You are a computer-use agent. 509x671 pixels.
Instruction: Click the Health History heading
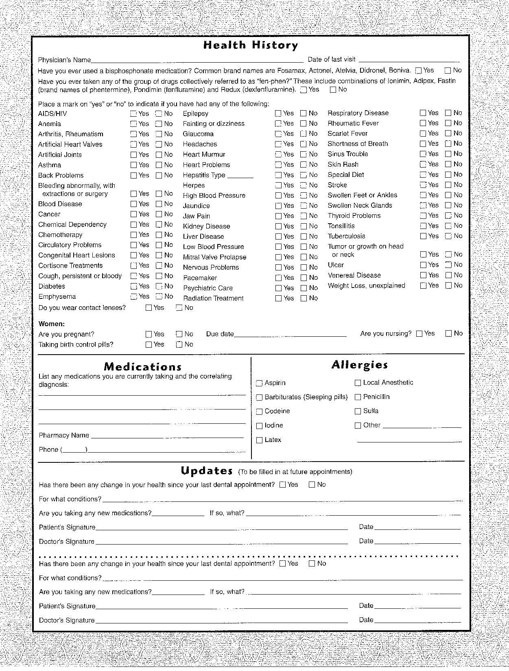250,45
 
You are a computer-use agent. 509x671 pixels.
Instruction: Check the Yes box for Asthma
133,165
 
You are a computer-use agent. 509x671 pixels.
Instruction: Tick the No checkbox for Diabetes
159,286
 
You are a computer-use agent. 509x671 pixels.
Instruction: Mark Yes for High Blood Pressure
278,196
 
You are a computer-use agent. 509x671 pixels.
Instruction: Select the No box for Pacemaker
304,278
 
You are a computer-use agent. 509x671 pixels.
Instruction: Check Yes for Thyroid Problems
423,216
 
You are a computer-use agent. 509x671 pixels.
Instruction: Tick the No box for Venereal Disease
448,275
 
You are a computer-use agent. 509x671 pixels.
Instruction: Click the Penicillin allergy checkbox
358,397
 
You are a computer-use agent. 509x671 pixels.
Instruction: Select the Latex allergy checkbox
259,440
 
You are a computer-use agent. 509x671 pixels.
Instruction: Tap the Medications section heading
142,367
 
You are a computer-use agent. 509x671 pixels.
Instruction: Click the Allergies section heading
359,365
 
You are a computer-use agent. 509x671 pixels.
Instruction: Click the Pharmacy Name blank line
167,436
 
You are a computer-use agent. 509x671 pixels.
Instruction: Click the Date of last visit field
409,60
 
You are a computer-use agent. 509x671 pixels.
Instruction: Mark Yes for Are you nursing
419,333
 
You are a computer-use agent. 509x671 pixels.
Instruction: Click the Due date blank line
290,335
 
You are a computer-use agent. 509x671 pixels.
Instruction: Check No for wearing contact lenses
179,308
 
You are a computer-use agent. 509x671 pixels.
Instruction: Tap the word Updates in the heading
207,471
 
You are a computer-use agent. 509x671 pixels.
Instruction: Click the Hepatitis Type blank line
240,176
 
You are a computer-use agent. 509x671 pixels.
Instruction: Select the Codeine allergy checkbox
259,412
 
